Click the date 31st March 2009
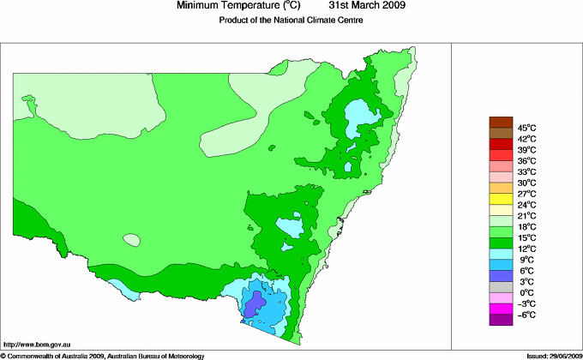click(361, 6)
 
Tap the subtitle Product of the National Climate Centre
click(291, 20)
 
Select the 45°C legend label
click(526, 127)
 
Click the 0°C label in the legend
click(526, 293)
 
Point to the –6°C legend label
click(526, 315)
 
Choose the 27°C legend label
click(526, 194)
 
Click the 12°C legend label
click(526, 249)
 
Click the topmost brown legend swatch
click(500, 122)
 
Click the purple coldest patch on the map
click(254, 303)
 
